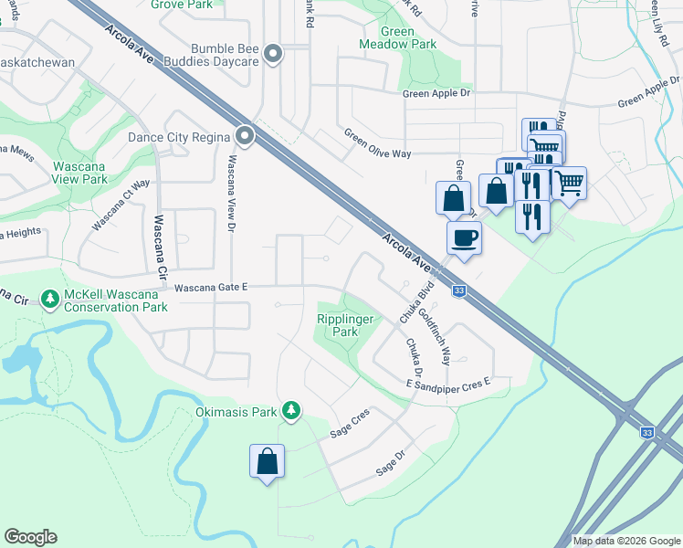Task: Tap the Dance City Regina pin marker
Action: coord(245,136)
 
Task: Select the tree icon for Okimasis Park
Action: coord(291,411)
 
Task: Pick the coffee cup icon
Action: coord(464,238)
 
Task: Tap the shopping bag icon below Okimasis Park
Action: coord(267,461)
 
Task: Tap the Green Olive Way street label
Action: coord(377,144)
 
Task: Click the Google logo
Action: coord(30,537)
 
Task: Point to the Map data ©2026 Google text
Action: coord(625,541)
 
